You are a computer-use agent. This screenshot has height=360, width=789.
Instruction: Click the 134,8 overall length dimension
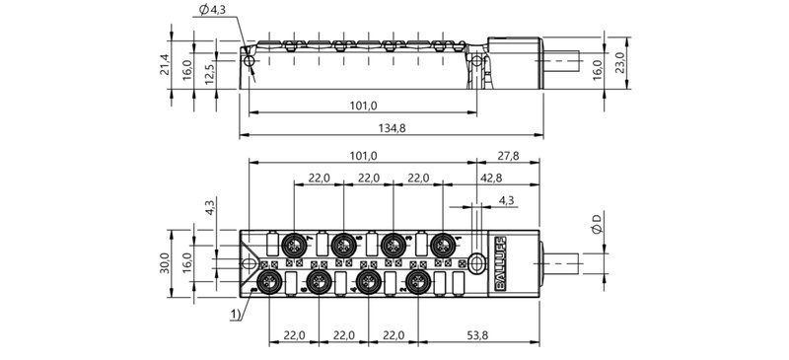click(x=394, y=127)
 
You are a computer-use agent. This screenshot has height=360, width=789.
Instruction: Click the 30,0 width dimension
click(x=167, y=263)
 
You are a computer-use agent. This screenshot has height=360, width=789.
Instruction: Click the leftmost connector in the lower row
click(x=266, y=284)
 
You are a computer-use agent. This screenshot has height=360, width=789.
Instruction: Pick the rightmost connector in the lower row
click(x=419, y=284)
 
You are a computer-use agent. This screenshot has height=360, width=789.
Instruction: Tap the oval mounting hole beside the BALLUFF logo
click(x=476, y=263)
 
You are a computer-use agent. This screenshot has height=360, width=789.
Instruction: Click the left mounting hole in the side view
click(x=251, y=63)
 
